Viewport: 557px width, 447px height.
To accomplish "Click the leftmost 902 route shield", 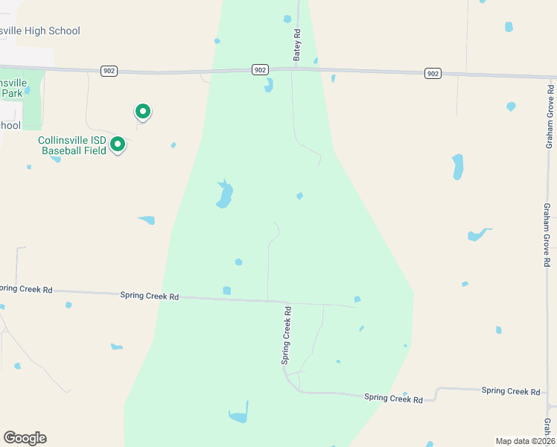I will pyautogui.click(x=109, y=70).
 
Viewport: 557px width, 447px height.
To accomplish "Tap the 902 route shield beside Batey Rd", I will pyautogui.click(x=259, y=69).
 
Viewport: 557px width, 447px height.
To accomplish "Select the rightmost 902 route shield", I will pyautogui.click(x=433, y=73).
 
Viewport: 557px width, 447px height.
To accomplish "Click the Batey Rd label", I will pyautogui.click(x=296, y=45).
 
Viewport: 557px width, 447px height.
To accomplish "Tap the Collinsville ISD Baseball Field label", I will pyautogui.click(x=73, y=145).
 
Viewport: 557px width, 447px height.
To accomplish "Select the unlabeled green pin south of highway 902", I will pyautogui.click(x=142, y=112).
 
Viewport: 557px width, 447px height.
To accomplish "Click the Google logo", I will pyautogui.click(x=25, y=438).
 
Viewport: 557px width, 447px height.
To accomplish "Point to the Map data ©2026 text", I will pyautogui.click(x=525, y=441).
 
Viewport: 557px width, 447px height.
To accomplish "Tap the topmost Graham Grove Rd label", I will pyautogui.click(x=550, y=115).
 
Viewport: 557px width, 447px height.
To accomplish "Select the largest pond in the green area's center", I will pyautogui.click(x=224, y=195).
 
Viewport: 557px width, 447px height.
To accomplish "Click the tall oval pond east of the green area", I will pyautogui.click(x=457, y=166).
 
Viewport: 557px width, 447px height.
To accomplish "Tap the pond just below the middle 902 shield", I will pyautogui.click(x=269, y=86).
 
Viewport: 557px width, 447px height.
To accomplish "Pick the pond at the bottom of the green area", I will pyautogui.click(x=238, y=415).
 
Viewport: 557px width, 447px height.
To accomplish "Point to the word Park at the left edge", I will pyautogui.click(x=11, y=93).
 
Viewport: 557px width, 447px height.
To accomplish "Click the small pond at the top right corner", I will pyautogui.click(x=509, y=27).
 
